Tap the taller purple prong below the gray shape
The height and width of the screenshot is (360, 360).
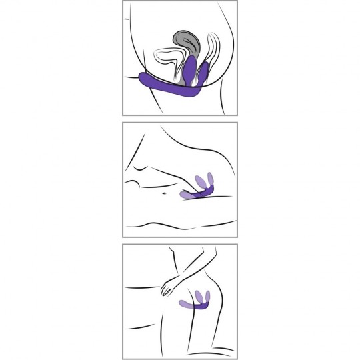point(191,69)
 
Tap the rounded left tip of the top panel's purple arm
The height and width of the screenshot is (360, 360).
point(141,77)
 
